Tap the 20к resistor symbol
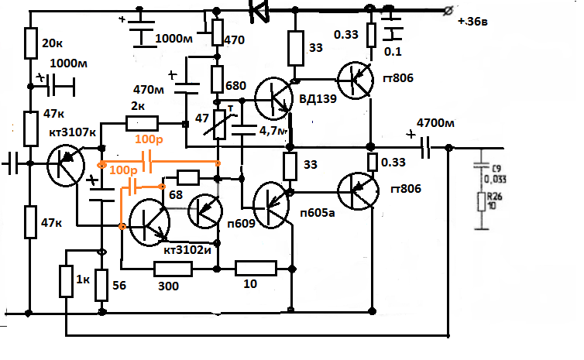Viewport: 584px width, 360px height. point(31,43)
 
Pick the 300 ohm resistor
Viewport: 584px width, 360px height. point(173,269)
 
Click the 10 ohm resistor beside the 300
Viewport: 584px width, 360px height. point(256,269)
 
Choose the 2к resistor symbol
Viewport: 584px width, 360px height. point(142,123)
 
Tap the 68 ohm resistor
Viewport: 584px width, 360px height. point(188,175)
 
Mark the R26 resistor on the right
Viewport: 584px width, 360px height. point(481,202)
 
